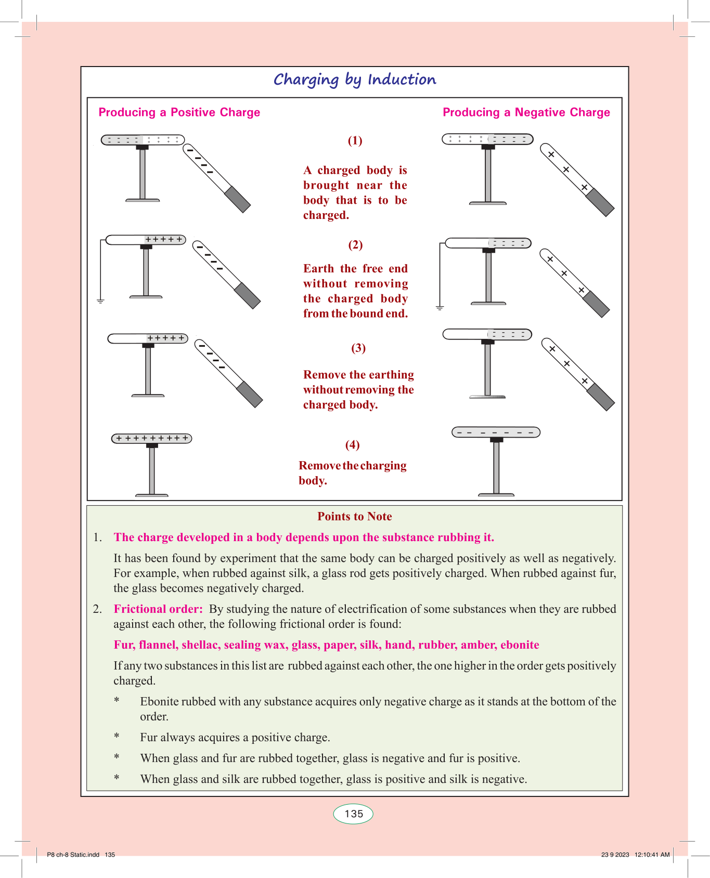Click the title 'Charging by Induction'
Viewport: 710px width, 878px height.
pyautogui.click(x=355, y=80)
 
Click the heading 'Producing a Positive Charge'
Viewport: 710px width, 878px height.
pyautogui.click(x=179, y=112)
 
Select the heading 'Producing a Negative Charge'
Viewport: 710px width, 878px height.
pyautogui.click(x=526, y=112)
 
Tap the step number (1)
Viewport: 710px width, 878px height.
pyautogui.click(x=355, y=140)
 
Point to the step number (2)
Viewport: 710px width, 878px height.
pyautogui.click(x=355, y=245)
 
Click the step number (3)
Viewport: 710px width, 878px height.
pyautogui.click(x=358, y=348)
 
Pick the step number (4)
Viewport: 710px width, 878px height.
pyautogui.click(x=352, y=444)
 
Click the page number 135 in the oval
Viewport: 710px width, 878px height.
pyautogui.click(x=354, y=814)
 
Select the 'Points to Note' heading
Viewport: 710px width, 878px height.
pyautogui.click(x=355, y=516)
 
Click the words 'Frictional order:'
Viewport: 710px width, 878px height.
pyautogui.click(x=158, y=609)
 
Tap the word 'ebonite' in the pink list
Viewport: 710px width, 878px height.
pyautogui.click(x=520, y=645)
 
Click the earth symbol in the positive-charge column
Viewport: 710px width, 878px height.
pyautogui.click(x=100, y=301)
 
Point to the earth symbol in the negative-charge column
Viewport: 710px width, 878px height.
pyautogui.click(x=440, y=308)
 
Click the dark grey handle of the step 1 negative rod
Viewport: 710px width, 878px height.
pyautogui.click(x=238, y=200)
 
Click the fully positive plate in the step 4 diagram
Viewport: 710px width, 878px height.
pyautogui.click(x=152, y=438)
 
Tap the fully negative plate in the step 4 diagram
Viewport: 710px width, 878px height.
pyautogui.click(x=496, y=432)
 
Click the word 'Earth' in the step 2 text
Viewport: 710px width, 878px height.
pyautogui.click(x=318, y=268)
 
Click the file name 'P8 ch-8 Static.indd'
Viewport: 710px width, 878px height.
pyautogui.click(x=73, y=855)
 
